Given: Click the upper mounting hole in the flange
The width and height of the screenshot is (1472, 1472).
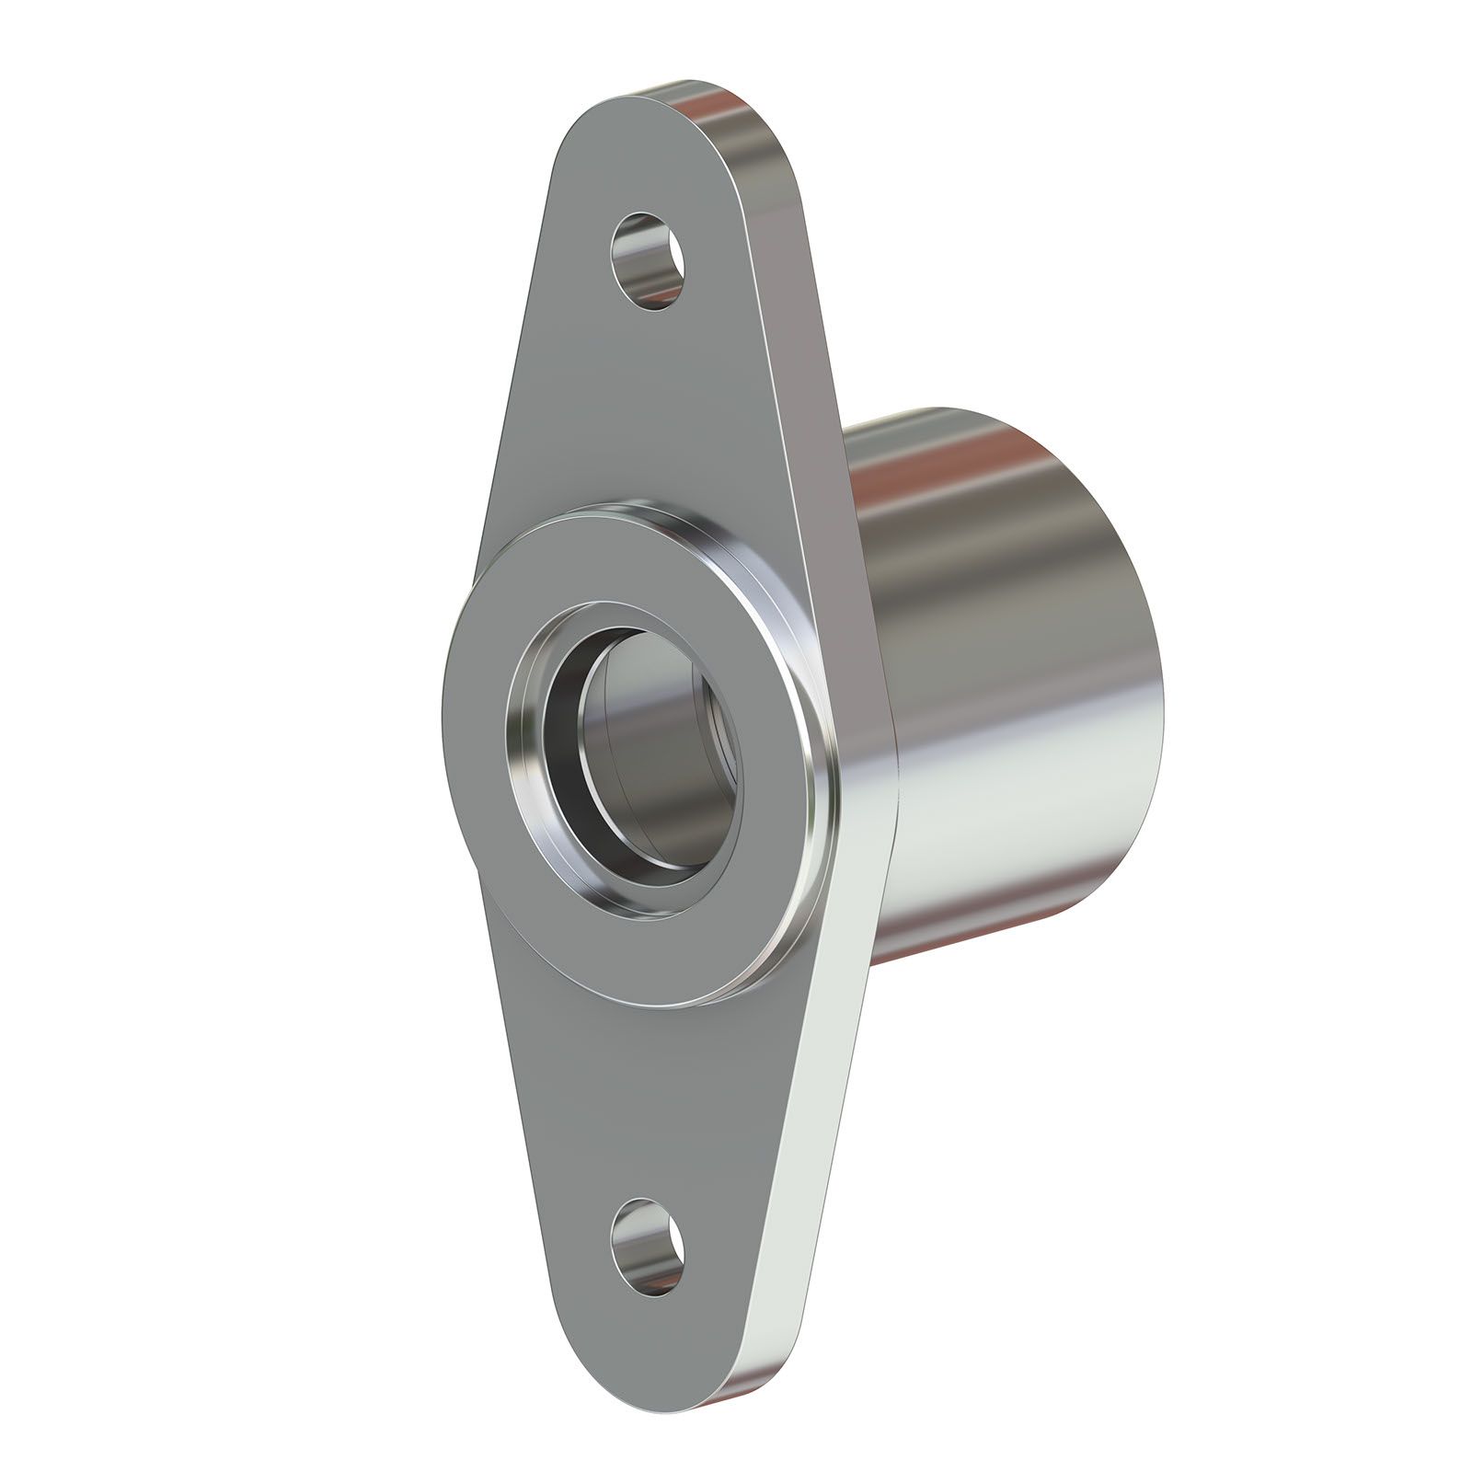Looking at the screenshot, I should pyautogui.click(x=650, y=261).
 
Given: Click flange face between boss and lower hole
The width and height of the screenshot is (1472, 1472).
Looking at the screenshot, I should pyautogui.click(x=644, y=1104).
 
